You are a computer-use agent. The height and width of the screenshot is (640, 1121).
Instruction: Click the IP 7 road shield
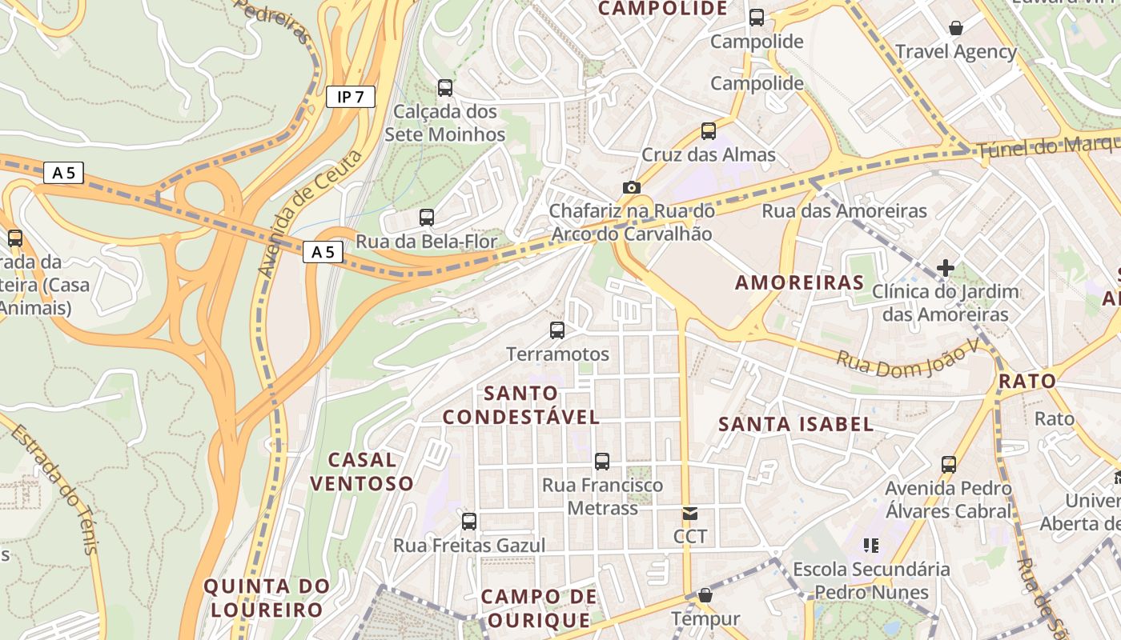pyautogui.click(x=351, y=98)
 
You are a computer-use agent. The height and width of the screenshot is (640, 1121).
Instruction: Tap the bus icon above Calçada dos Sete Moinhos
pyautogui.click(x=445, y=87)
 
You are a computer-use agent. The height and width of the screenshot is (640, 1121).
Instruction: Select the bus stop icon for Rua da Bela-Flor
pyautogui.click(x=427, y=217)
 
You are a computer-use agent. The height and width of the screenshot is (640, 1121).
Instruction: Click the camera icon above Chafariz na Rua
pyautogui.click(x=632, y=187)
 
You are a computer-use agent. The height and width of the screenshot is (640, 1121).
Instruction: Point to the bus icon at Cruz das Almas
pyautogui.click(x=709, y=130)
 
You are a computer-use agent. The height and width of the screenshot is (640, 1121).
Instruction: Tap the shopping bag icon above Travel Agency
pyautogui.click(x=955, y=28)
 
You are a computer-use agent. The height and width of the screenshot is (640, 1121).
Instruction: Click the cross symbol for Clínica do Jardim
pyautogui.click(x=946, y=267)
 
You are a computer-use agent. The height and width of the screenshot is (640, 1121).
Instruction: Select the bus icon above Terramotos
pyautogui.click(x=557, y=330)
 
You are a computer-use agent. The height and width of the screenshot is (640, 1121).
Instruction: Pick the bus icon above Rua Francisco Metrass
pyautogui.click(x=602, y=461)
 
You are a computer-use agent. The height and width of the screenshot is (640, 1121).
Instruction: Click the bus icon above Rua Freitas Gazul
pyautogui.click(x=469, y=522)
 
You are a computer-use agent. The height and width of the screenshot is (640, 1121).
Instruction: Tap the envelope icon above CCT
pyautogui.click(x=690, y=513)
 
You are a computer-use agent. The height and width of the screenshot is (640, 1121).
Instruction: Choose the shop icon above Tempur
pyautogui.click(x=705, y=595)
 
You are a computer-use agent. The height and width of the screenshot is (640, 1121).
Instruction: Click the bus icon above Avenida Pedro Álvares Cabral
pyautogui.click(x=949, y=464)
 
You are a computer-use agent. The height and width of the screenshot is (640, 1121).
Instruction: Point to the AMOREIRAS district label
pyautogui.click(x=800, y=282)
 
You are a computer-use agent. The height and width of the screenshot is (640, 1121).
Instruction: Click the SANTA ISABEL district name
pyautogui.click(x=796, y=424)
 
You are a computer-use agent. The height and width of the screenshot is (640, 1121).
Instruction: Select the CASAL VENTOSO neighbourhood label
pyautogui.click(x=362, y=471)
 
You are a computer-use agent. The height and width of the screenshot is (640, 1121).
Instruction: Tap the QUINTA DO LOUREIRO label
pyautogui.click(x=267, y=598)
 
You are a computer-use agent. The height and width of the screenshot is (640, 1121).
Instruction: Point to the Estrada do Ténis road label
pyautogui.click(x=56, y=489)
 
